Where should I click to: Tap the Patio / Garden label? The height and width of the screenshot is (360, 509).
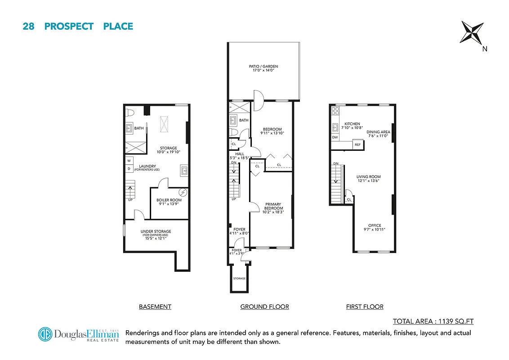pos(263,68)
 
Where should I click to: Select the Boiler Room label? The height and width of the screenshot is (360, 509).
pos(169,202)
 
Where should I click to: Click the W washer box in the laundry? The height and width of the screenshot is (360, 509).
pos(129,161)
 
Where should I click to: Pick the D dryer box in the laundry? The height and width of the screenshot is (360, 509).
pos(129,169)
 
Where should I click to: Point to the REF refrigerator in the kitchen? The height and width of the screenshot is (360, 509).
pos(357,145)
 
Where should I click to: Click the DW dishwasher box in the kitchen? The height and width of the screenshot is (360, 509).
pos(335,137)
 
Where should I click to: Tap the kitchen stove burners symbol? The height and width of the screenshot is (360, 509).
pos(335,109)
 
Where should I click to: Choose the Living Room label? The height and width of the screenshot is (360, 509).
pos(369,179)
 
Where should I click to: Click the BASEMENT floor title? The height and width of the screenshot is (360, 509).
pos(155,307)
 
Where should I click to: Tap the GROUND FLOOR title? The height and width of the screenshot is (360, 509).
pos(264,307)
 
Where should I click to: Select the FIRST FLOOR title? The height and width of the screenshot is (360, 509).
pos(365,307)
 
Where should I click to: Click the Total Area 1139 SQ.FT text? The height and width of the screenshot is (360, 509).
pos(433,321)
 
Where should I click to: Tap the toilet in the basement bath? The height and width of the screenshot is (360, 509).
pos(129,112)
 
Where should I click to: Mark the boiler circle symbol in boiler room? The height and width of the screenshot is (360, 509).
pos(183,193)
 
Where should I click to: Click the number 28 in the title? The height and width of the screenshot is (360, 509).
pos(28,26)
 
